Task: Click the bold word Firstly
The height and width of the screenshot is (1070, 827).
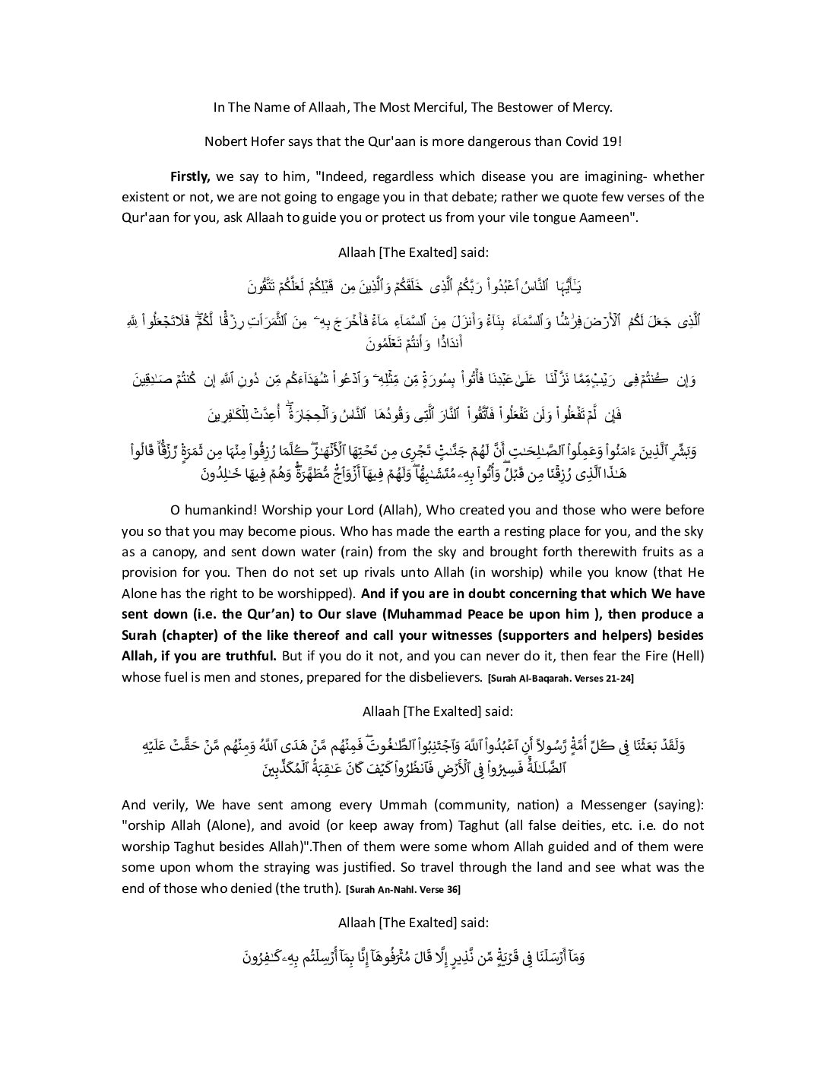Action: [x=190, y=176]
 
